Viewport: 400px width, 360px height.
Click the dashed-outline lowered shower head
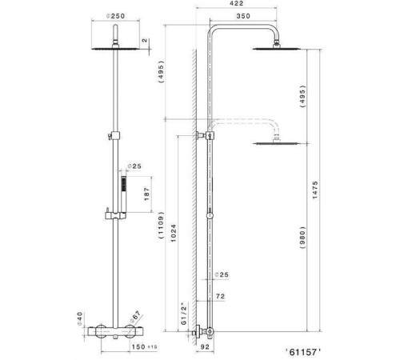coord(272,142)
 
